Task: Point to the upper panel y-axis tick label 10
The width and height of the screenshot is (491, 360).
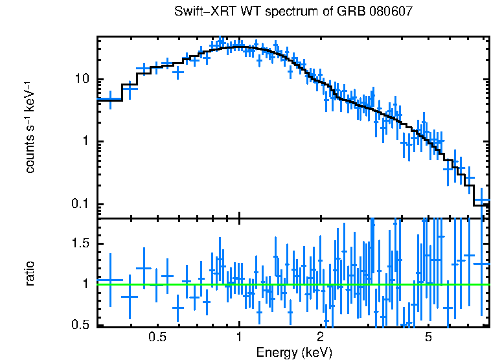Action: coord(82,80)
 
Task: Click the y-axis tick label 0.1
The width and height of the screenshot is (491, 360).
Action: coord(80,205)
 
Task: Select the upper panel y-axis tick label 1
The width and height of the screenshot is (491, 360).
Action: coord(85,142)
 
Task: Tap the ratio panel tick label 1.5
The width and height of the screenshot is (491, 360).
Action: coord(80,243)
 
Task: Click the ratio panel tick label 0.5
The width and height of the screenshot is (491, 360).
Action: coord(80,324)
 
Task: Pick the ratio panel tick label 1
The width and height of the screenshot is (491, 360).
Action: coord(85,284)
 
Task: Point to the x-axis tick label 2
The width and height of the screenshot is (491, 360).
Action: coord(320,338)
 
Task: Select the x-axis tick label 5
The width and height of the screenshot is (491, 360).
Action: coord(428,338)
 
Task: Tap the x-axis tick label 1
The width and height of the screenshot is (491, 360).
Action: coord(239,338)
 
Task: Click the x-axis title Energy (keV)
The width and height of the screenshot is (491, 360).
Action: coord(294,352)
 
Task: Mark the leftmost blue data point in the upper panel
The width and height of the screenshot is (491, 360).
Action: coord(110,100)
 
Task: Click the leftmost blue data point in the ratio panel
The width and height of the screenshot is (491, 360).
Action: coord(110,280)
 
